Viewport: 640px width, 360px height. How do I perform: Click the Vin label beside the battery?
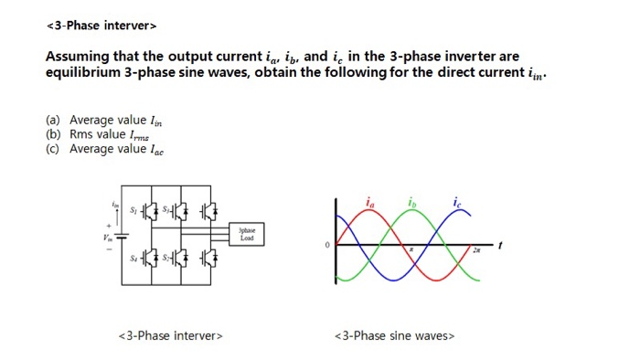click(x=105, y=238)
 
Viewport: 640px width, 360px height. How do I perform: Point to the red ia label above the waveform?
click(x=369, y=201)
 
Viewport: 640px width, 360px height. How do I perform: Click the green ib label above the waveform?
click(x=411, y=201)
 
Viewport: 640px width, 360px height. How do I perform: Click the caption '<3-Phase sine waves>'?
click(x=394, y=335)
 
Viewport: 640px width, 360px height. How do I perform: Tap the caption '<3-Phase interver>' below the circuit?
click(x=171, y=335)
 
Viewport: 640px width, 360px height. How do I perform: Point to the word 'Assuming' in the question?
click(x=77, y=57)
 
